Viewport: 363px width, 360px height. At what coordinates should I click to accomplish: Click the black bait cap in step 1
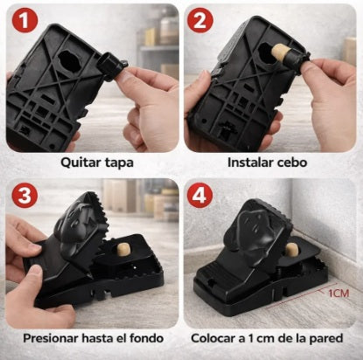[111, 66]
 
